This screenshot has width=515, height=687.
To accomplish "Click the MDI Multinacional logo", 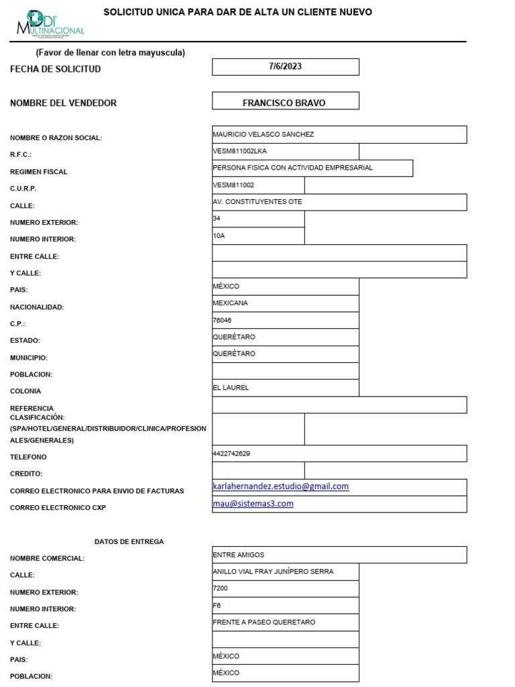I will [50, 23].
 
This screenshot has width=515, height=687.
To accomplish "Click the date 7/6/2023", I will [285, 66].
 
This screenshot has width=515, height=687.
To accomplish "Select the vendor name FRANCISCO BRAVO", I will [284, 103].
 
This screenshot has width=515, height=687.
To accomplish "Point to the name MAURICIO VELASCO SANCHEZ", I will [263, 134].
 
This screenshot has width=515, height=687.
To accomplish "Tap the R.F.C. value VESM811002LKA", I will [239, 151].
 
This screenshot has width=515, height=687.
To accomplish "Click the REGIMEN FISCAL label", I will [38, 172].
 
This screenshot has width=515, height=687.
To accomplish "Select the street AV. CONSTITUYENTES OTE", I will [257, 201].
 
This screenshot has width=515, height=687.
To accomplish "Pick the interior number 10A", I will [219, 235].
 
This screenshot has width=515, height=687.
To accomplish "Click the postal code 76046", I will [222, 320].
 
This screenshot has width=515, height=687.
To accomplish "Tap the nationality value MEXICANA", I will [230, 303].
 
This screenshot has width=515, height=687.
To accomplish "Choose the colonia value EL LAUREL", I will [231, 387].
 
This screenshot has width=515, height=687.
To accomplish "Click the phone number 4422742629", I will [231, 454].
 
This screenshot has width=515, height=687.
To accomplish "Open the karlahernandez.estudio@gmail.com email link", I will [280, 486].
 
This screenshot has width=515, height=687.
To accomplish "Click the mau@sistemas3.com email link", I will [253, 504].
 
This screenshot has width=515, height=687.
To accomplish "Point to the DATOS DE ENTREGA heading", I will [129, 541].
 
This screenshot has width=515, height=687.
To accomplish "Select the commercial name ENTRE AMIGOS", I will [238, 555].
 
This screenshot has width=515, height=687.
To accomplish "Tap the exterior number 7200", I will [220, 588].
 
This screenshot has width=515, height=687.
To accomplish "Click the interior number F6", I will [217, 605].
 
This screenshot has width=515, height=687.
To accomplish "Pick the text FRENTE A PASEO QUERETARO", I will [264, 622].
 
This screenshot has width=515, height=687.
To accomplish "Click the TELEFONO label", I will [28, 457].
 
